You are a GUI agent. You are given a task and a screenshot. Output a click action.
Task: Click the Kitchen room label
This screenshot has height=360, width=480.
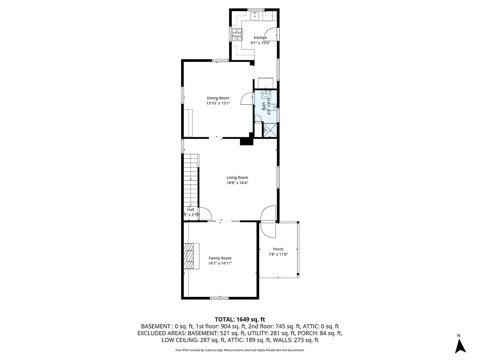click(x=260, y=38)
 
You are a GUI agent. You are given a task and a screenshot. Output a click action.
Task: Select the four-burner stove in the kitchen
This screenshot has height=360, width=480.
click(x=237, y=34)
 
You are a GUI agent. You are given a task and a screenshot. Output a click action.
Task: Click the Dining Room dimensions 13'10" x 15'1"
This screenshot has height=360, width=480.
click(x=218, y=103)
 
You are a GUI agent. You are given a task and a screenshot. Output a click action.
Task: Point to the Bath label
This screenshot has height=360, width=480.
click(x=264, y=105)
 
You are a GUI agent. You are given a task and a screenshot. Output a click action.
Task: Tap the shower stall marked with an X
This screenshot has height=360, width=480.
click(x=270, y=130)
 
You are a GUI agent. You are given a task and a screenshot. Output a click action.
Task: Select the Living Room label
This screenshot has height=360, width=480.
click(x=237, y=178)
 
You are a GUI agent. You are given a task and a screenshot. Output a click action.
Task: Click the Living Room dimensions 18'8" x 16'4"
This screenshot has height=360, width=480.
click(x=237, y=183)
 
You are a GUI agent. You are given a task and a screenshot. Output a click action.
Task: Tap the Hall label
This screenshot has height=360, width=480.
click(x=191, y=210)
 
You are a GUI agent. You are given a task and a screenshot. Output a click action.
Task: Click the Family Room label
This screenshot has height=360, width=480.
click(x=220, y=258)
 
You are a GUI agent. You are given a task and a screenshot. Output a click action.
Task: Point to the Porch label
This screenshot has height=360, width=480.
click(x=278, y=249)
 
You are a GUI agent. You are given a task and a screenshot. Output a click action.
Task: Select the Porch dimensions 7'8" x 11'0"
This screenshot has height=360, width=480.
click(x=278, y=254)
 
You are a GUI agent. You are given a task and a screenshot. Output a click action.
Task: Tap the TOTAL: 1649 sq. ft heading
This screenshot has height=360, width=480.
click(x=240, y=319)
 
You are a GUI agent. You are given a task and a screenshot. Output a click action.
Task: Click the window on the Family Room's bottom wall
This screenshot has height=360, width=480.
click(x=219, y=298)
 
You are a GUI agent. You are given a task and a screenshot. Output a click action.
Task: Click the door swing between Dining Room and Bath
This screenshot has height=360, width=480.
click(x=248, y=98)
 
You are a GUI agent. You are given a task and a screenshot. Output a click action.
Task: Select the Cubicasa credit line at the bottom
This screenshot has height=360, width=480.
click(x=240, y=350)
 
